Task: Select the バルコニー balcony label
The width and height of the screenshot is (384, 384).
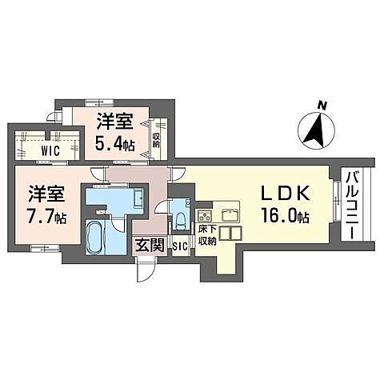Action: pos(350,203)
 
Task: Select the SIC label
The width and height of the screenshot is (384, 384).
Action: pos(179,246)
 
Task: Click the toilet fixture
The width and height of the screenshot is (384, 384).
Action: pos(181,218)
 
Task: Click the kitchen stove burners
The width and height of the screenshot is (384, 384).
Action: pos(204,215)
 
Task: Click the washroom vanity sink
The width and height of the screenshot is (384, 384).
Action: pos(136,198)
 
